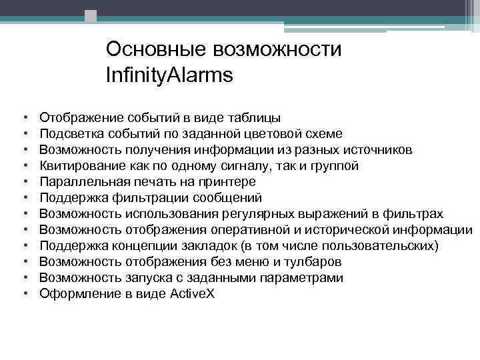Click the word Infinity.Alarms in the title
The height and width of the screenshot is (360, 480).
[169, 75]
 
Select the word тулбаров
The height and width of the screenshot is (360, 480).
[313, 262]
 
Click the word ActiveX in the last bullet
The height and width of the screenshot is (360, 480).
[193, 294]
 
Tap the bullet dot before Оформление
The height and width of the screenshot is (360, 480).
[24, 294]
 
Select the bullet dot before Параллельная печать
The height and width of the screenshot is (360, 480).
[24, 181]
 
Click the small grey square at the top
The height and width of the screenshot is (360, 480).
[91, 15]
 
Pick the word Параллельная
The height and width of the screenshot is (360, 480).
[79, 181]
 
